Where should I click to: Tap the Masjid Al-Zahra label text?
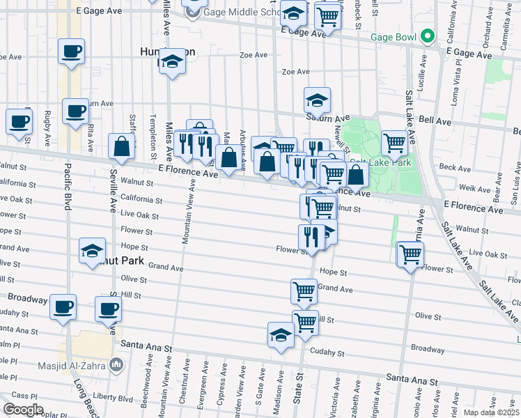tap(79, 364)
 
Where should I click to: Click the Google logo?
tap(22, 410)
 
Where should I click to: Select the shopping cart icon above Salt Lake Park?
tap(394, 144)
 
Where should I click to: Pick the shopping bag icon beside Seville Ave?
tap(121, 147)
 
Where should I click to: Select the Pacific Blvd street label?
tap(68, 187)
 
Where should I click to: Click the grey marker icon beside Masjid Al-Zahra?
tap(117, 364)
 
